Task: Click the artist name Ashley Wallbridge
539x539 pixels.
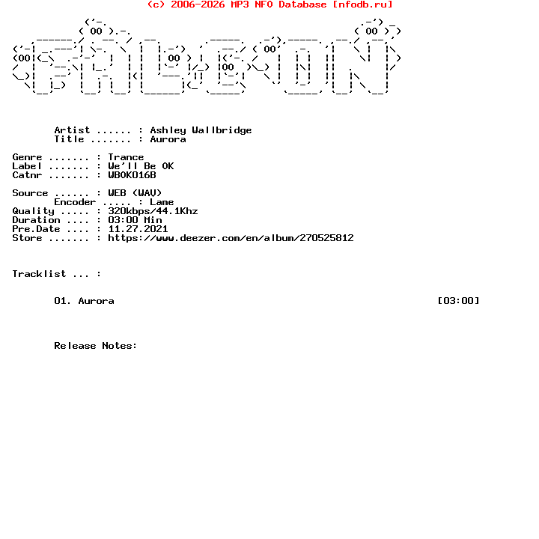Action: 201,130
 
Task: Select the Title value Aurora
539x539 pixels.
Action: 168,139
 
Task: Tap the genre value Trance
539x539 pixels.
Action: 126,157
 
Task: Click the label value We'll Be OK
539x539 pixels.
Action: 141,166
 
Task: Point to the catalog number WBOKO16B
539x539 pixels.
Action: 132,175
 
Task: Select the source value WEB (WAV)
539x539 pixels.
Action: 135,193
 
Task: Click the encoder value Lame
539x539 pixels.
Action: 162,202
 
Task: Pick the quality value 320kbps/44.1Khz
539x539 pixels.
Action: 153,211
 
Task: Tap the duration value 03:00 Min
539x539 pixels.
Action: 135,220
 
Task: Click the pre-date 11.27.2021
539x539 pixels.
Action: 138,229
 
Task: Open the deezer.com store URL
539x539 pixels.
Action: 231,238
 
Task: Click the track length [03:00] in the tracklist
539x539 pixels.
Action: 458,301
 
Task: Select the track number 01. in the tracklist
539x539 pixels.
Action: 63,301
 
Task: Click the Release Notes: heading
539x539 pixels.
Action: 96,346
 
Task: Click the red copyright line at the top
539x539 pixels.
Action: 269,4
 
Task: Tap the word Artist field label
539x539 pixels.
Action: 72,130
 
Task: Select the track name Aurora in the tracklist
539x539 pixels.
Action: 96,301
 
